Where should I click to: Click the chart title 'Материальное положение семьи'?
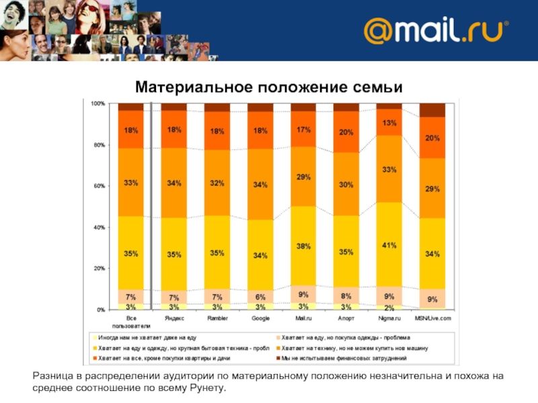(268, 88)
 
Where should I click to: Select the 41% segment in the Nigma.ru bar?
(389, 245)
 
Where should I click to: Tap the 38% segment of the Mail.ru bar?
(303, 247)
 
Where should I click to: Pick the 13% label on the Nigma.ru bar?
(389, 123)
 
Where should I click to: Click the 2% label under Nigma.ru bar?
(389, 307)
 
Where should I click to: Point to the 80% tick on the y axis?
(98, 145)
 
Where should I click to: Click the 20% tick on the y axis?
(98, 269)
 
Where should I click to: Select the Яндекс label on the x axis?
(174, 318)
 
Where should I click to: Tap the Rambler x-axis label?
(217, 318)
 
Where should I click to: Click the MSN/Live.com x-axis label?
(432, 318)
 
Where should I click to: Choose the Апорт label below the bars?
(346, 318)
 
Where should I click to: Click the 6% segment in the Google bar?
(260, 297)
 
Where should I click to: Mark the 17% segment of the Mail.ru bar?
(303, 130)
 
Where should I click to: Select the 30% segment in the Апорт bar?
(346, 185)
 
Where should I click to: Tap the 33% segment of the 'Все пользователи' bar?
(131, 182)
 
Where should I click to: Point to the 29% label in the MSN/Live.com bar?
(432, 189)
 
